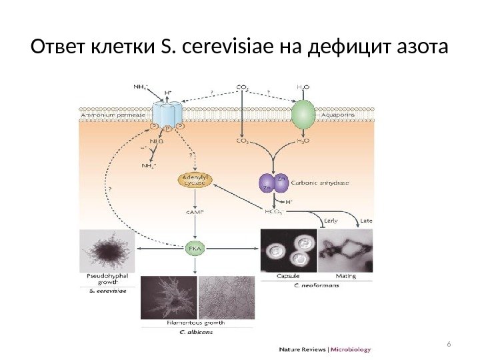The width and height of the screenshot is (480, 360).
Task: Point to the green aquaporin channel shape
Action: coord(302,114)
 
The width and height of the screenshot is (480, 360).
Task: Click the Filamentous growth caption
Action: coord(195,322)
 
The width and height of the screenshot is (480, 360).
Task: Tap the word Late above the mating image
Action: coord(366,219)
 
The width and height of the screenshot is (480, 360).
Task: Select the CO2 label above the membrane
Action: coord(244,86)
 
